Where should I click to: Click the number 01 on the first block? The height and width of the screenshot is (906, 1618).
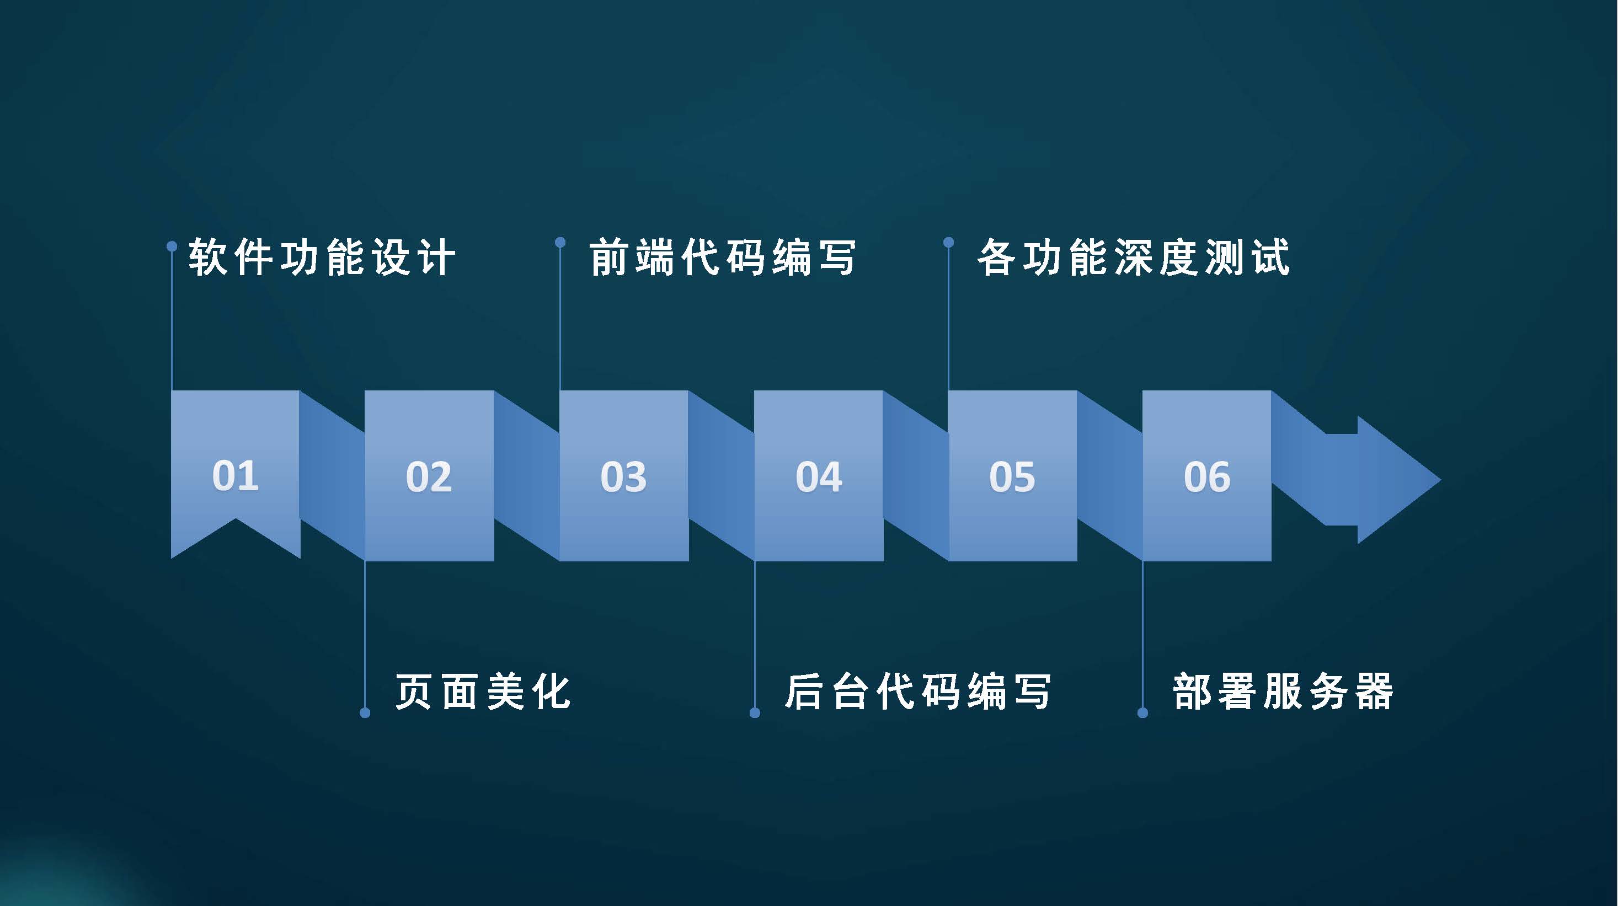click(235, 475)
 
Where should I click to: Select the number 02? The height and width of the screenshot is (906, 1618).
click(429, 476)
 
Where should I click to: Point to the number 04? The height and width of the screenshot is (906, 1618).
click(819, 476)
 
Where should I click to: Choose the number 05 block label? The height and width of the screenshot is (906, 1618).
click(1012, 476)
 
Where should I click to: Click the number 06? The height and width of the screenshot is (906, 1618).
click(1207, 476)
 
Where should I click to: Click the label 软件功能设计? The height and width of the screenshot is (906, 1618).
click(322, 258)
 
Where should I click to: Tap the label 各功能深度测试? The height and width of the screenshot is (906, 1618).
click(1134, 258)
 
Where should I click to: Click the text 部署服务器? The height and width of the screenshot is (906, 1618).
click(1283, 691)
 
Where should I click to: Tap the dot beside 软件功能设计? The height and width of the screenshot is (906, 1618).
click(172, 246)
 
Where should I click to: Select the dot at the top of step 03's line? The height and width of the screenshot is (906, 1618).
click(560, 242)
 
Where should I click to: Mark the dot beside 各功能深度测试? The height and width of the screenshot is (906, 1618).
click(948, 242)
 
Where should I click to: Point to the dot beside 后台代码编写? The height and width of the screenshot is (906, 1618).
click(755, 712)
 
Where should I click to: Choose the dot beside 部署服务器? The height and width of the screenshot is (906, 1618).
click(1142, 712)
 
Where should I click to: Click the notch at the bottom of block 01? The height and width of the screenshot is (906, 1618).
click(236, 519)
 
